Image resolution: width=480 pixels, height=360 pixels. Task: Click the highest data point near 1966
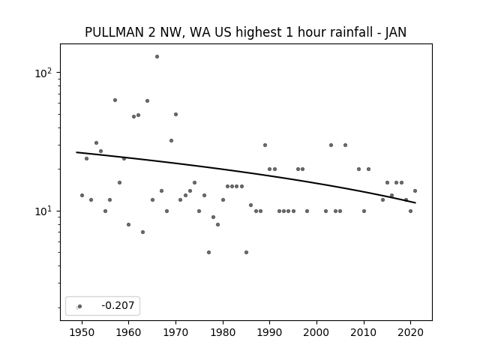pyautogui.click(x=157, y=57)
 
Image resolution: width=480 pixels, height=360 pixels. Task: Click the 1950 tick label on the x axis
pyautogui.click(x=82, y=332)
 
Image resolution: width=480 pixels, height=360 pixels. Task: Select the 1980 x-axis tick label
pyautogui.click(x=223, y=332)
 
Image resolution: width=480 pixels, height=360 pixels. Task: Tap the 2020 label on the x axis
pyautogui.click(x=410, y=332)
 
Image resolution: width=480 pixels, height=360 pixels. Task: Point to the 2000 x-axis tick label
pyautogui.click(x=316, y=332)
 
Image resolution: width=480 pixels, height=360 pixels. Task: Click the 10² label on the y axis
pyautogui.click(x=43, y=73)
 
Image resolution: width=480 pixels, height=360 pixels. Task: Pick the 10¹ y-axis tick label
pyautogui.click(x=43, y=211)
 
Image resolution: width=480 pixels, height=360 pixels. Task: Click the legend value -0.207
pyautogui.click(x=118, y=305)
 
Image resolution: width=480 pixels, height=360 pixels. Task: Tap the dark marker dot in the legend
pyautogui.click(x=80, y=307)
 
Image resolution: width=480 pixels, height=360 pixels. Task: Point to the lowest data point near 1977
pyautogui.click(x=208, y=252)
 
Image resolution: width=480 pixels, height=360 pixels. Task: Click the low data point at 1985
pyautogui.click(x=247, y=252)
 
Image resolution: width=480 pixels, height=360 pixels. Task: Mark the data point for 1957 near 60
pyautogui.click(x=115, y=100)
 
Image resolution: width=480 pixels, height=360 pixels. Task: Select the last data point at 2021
pyautogui.click(x=415, y=191)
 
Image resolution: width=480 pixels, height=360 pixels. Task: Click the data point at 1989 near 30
pyautogui.click(x=265, y=145)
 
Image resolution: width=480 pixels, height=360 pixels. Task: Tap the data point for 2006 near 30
pyautogui.click(x=345, y=145)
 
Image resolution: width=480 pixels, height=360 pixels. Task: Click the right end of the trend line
pyautogui.click(x=415, y=202)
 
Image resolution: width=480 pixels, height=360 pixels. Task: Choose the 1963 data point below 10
pyautogui.click(x=142, y=232)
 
